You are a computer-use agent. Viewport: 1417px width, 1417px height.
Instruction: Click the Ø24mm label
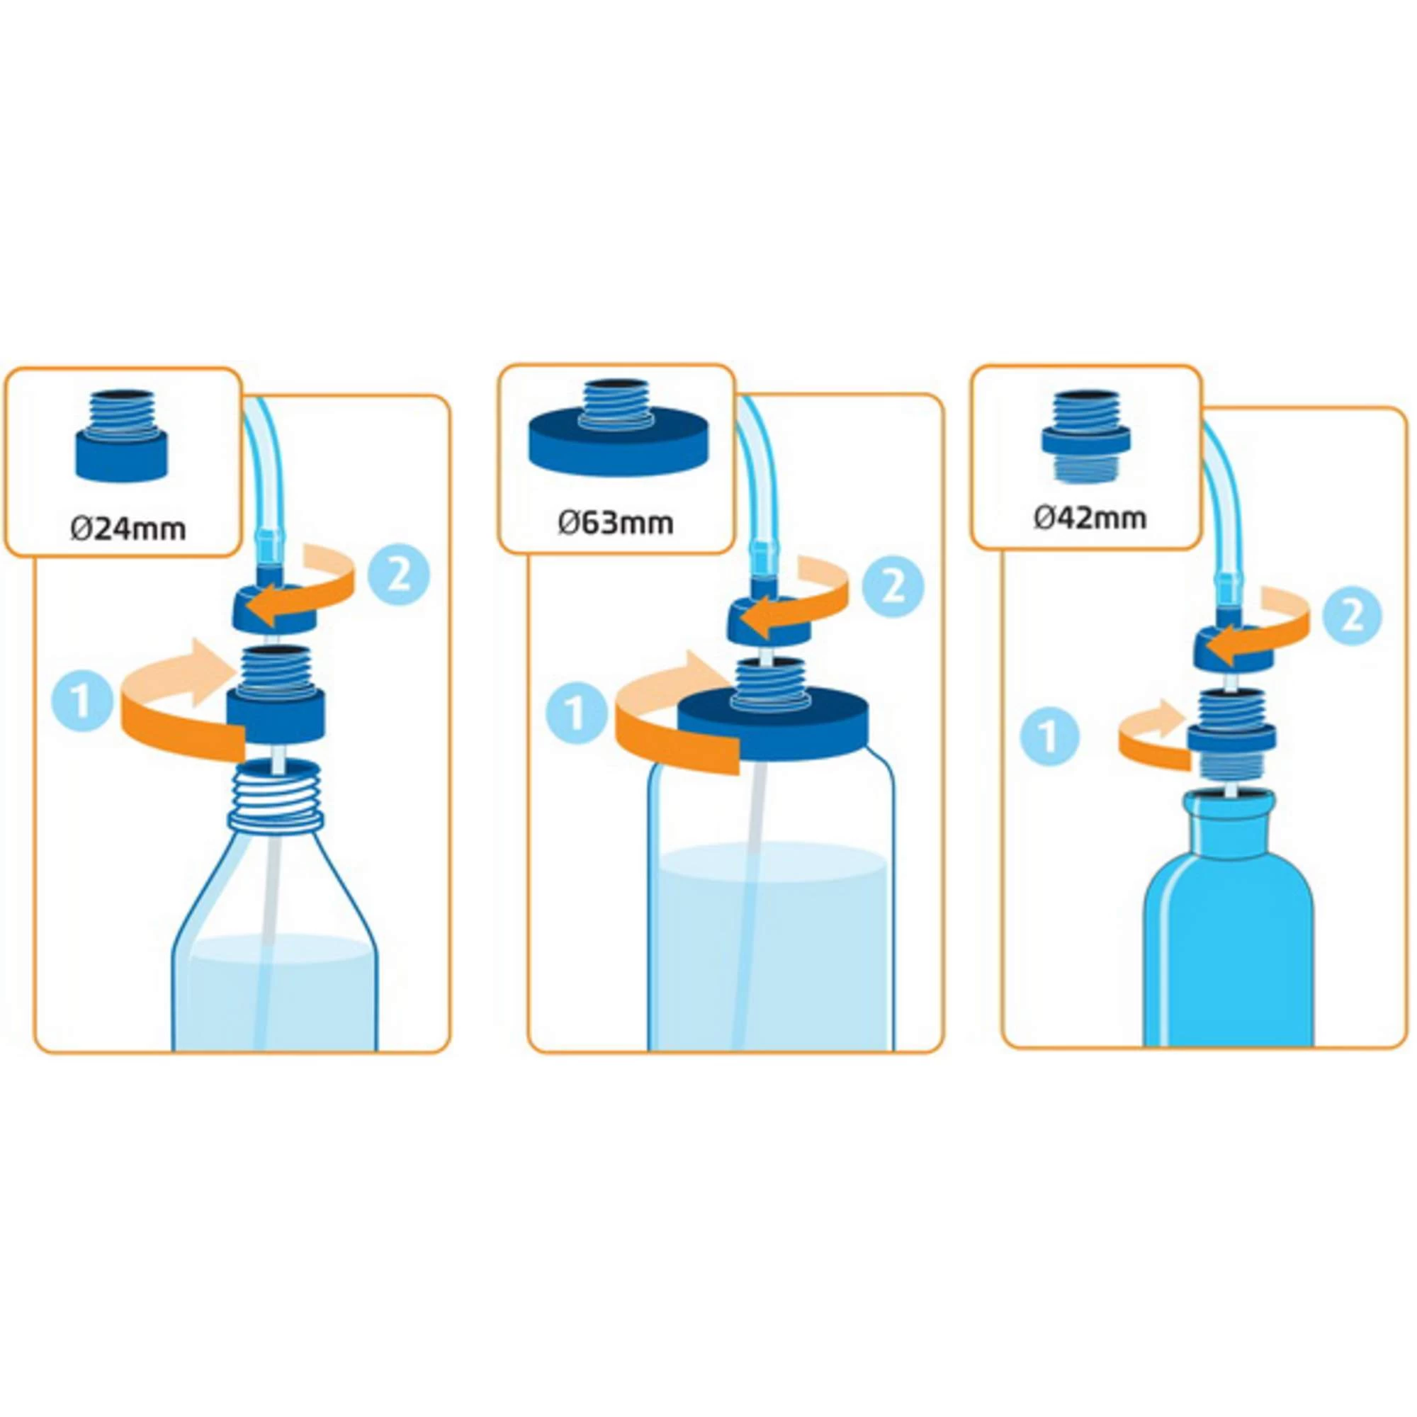pos(128,528)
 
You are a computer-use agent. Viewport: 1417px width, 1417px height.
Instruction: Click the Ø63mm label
pos(616,523)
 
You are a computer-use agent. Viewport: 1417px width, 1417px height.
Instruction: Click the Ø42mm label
pos(1090,518)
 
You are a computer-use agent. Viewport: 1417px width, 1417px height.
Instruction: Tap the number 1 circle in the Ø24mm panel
pos(82,701)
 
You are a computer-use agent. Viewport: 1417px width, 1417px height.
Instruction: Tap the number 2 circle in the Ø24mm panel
pos(398,577)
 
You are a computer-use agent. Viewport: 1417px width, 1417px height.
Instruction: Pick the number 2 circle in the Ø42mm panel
pos(1352,616)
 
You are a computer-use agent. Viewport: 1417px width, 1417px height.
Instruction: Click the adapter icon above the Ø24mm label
pos(122,434)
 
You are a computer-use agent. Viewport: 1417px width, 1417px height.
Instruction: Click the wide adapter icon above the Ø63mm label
pos(619,429)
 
